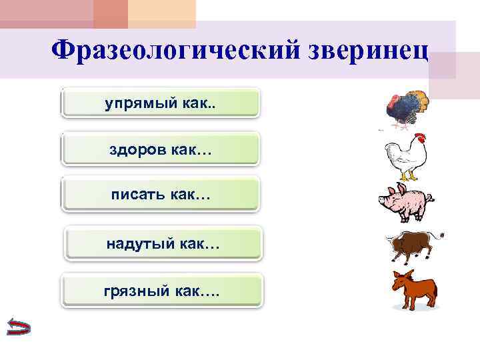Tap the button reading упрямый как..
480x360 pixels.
coord(160,103)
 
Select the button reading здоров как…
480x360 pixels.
coord(160,150)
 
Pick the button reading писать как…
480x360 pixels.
coord(160,195)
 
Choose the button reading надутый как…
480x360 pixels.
coord(163,244)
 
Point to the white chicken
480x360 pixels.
coord(406,157)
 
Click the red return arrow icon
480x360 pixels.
coord(17,327)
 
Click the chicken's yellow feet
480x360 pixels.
coord(409,177)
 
